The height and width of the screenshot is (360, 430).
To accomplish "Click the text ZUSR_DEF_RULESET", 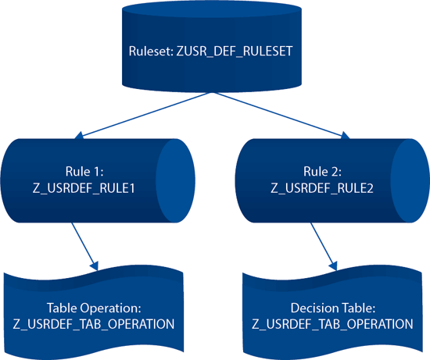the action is click(x=235, y=52).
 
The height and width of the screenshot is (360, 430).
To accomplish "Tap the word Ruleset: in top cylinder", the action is click(x=151, y=52).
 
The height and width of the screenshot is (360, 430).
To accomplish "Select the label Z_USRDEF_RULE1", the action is click(x=84, y=188).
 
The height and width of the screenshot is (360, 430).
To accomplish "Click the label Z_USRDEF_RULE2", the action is click(x=322, y=188).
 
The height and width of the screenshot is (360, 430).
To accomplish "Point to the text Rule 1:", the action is click(x=84, y=172).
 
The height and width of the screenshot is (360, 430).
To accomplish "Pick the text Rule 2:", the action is click(x=322, y=172).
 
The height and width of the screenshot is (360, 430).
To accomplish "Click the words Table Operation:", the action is click(x=94, y=308).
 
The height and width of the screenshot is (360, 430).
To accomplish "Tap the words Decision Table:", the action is click(x=333, y=308).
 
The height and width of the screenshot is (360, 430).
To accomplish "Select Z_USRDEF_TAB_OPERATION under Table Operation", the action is click(x=94, y=324).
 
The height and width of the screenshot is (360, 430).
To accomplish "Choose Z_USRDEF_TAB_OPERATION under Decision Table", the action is click(x=332, y=324).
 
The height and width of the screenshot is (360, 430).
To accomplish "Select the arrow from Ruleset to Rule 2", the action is click(x=282, y=116).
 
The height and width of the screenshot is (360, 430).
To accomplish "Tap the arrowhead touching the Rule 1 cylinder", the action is click(x=79, y=135).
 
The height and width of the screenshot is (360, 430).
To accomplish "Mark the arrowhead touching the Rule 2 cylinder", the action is click(x=346, y=135).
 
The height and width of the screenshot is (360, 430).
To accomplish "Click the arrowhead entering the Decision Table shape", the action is click(x=333, y=266).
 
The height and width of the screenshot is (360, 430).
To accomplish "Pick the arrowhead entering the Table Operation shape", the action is click(x=94, y=266).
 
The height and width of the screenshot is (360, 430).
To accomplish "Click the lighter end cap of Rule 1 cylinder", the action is click(x=175, y=181).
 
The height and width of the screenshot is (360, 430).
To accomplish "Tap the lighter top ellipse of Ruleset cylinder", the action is click(x=212, y=9).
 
